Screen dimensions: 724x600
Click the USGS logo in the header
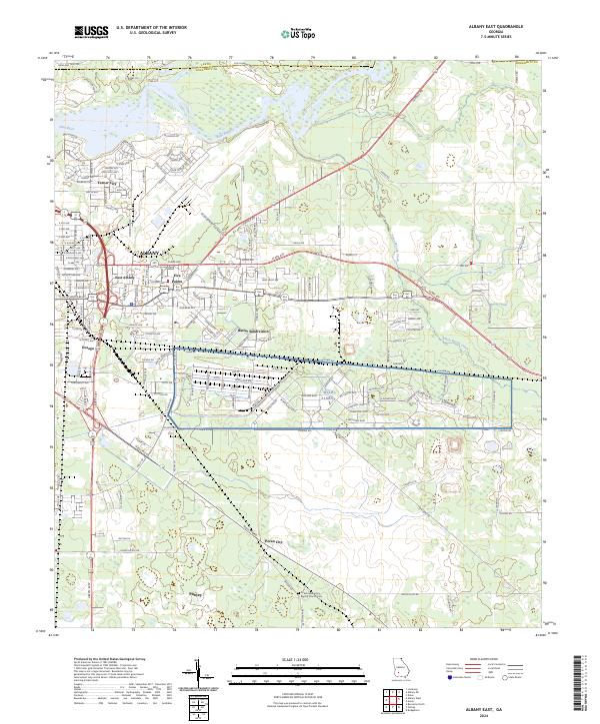coord(92,32)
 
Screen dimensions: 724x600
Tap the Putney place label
coord(195,592)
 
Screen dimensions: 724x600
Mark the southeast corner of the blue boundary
coord(511,428)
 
